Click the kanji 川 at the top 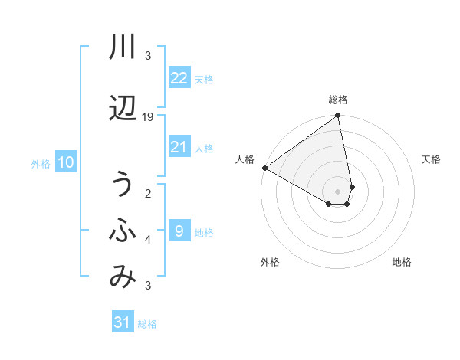click(x=123, y=48)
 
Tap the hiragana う click(x=123, y=185)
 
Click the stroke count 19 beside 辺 click(x=148, y=116)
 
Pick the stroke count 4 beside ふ click(x=148, y=240)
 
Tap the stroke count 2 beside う click(x=148, y=193)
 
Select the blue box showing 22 click(x=179, y=78)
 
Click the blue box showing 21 click(x=179, y=147)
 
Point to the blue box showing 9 click(x=179, y=231)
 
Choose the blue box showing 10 click(x=66, y=162)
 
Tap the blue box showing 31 click(x=123, y=322)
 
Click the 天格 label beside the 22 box click(x=204, y=79)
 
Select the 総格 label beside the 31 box click(x=147, y=324)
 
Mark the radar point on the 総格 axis click(x=338, y=116)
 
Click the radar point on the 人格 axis click(x=264, y=168)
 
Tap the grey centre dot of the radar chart click(x=337, y=191)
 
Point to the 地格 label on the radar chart click(x=402, y=263)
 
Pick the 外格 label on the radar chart click(x=270, y=263)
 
